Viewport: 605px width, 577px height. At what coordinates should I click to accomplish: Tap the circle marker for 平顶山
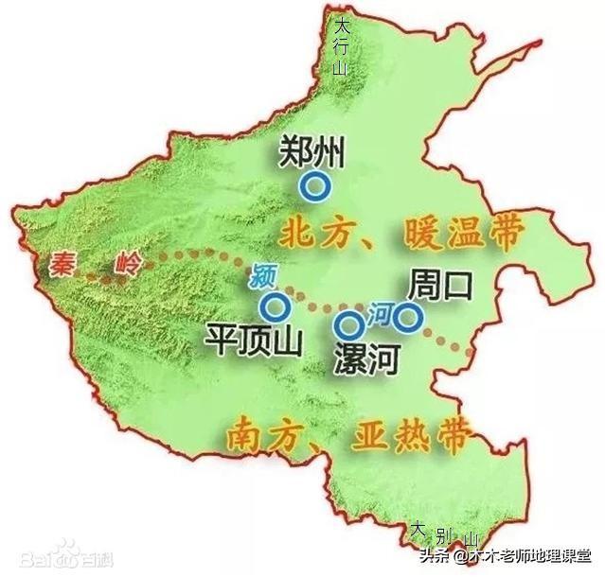tap(275, 306)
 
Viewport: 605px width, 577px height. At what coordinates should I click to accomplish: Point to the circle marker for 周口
tap(408, 318)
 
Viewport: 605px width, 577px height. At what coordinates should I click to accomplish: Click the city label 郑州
tap(314, 152)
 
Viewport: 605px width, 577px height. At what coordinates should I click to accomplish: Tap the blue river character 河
tap(378, 310)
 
